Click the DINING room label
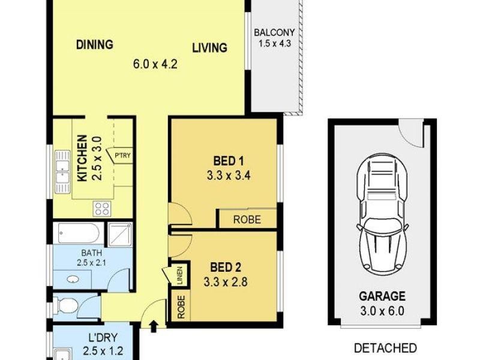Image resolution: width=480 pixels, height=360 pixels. pyautogui.click(x=95, y=44)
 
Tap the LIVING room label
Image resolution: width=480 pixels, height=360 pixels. pyautogui.click(x=209, y=48)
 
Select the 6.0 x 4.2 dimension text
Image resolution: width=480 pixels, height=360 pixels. pyautogui.click(x=155, y=64)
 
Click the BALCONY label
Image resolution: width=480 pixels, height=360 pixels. pyautogui.click(x=274, y=32)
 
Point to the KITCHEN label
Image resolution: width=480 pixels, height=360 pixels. pyautogui.click(x=82, y=158)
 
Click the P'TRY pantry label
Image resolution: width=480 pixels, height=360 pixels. pyautogui.click(x=122, y=155)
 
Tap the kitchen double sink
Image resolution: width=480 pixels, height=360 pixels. pyautogui.click(x=62, y=172)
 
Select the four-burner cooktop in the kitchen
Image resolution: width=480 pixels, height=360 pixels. pyautogui.click(x=102, y=209)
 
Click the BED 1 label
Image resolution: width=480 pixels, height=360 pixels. pyautogui.click(x=229, y=161)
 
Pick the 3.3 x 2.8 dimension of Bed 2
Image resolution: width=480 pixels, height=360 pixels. pyautogui.click(x=226, y=281)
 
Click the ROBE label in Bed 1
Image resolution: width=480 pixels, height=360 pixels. pyautogui.click(x=247, y=220)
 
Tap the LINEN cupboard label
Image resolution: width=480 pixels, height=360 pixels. pyautogui.click(x=179, y=276)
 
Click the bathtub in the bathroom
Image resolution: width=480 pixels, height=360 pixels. pyautogui.click(x=79, y=233)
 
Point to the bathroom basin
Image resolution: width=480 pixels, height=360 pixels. pyautogui.click(x=73, y=280)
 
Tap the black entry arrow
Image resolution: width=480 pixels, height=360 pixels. pyautogui.click(x=154, y=326)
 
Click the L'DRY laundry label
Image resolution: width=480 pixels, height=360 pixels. pyautogui.click(x=103, y=338)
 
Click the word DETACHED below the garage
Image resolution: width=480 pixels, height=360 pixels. pyautogui.click(x=385, y=348)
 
